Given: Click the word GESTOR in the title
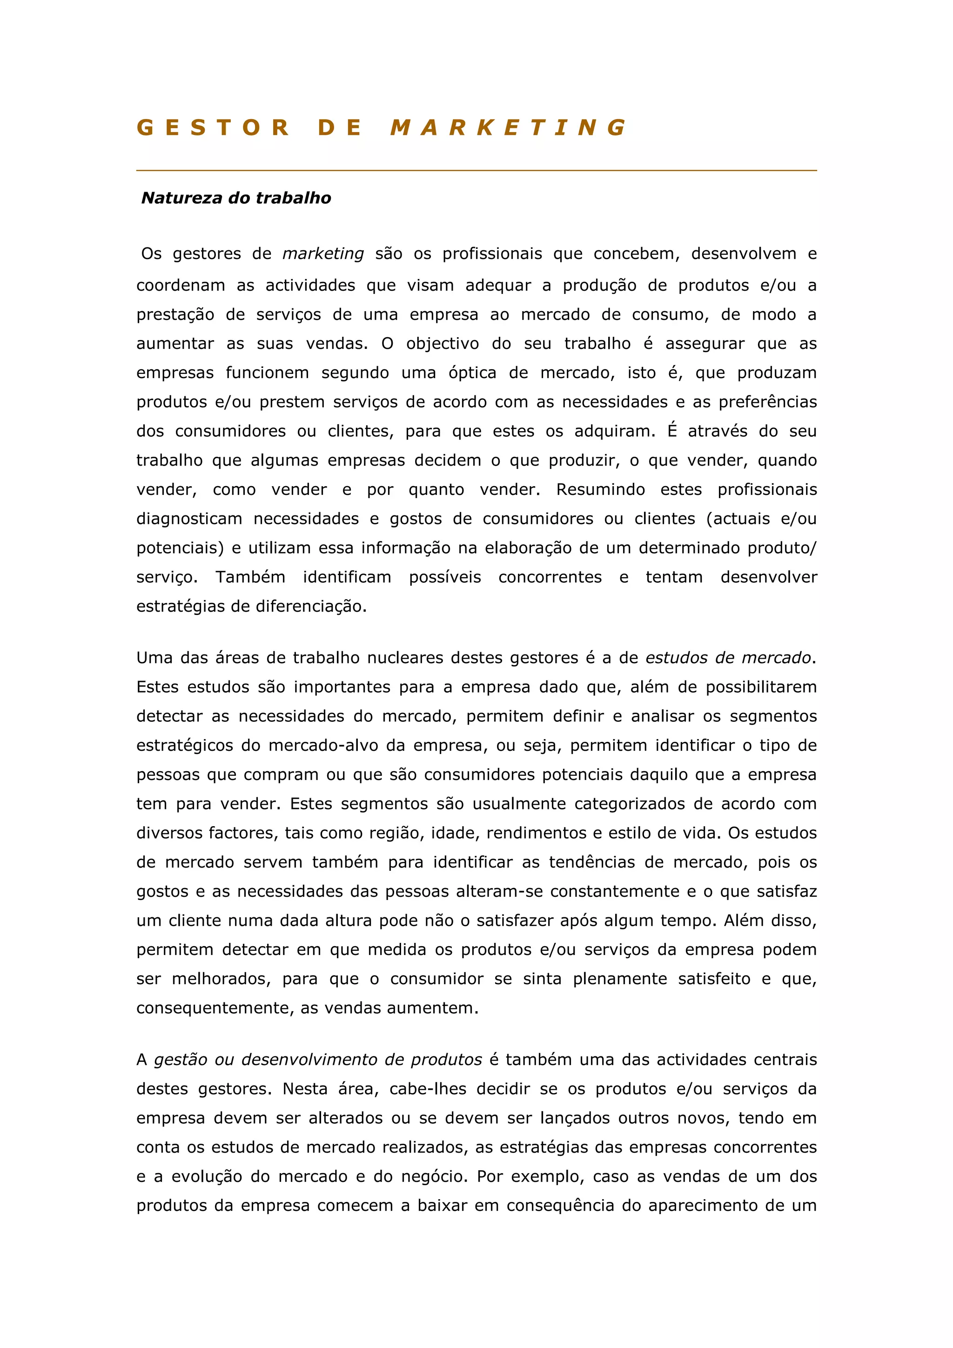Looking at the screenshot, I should point(213,127).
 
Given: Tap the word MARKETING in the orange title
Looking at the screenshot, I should point(509,127).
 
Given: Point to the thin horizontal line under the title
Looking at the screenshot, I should point(476,171).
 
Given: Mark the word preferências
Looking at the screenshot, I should point(767,402).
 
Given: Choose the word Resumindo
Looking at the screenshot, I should point(600,490).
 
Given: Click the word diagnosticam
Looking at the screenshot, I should point(189,519).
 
